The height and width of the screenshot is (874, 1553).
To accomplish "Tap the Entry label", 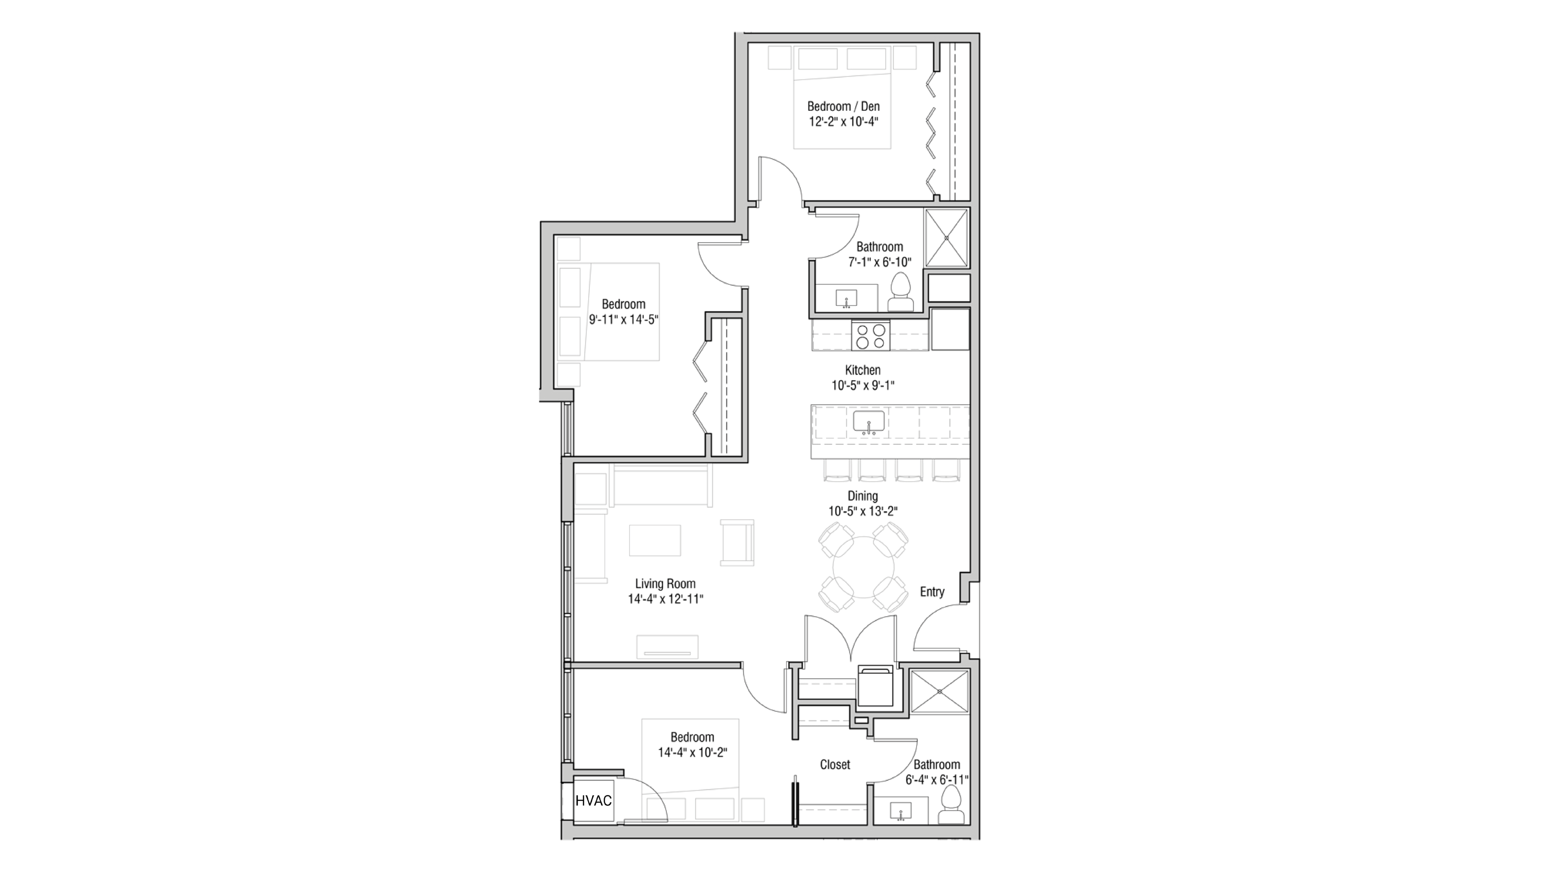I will tap(931, 592).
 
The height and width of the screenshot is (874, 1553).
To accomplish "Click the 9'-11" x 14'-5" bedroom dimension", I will tap(623, 319).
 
